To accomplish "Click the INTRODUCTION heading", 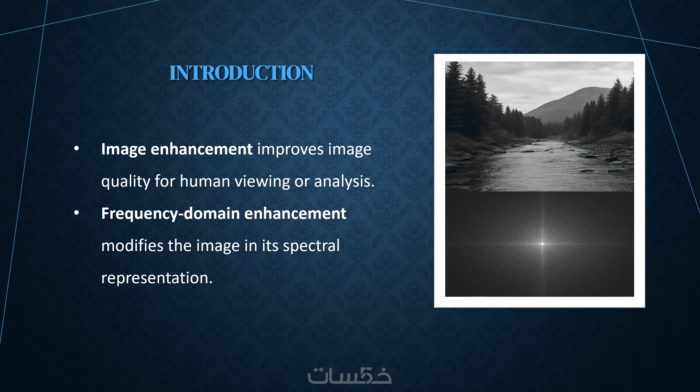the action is tap(241, 73).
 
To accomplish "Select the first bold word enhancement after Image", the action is tap(202, 149).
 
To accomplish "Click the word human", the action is tap(205, 181).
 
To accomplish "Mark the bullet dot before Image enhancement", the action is tap(77, 149).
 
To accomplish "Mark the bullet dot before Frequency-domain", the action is tap(77, 213).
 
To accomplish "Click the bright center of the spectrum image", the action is tap(542, 244).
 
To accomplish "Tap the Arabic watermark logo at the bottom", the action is tap(350, 376).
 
